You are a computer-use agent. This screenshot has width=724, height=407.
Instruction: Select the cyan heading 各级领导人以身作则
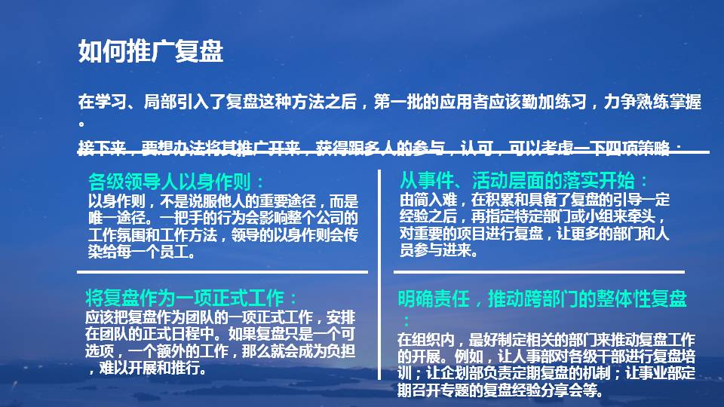click(176, 182)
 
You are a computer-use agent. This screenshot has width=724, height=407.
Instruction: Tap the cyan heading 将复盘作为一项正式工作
click(192, 295)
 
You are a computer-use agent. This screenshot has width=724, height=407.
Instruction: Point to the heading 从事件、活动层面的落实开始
click(523, 181)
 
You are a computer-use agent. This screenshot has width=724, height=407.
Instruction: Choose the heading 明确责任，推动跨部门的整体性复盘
click(542, 299)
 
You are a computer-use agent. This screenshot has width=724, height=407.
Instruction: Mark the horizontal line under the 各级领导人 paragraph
click(222, 271)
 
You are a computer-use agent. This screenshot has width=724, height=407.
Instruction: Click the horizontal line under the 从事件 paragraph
click(538, 271)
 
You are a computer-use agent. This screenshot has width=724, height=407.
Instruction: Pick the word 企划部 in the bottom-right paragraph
click(468, 373)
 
